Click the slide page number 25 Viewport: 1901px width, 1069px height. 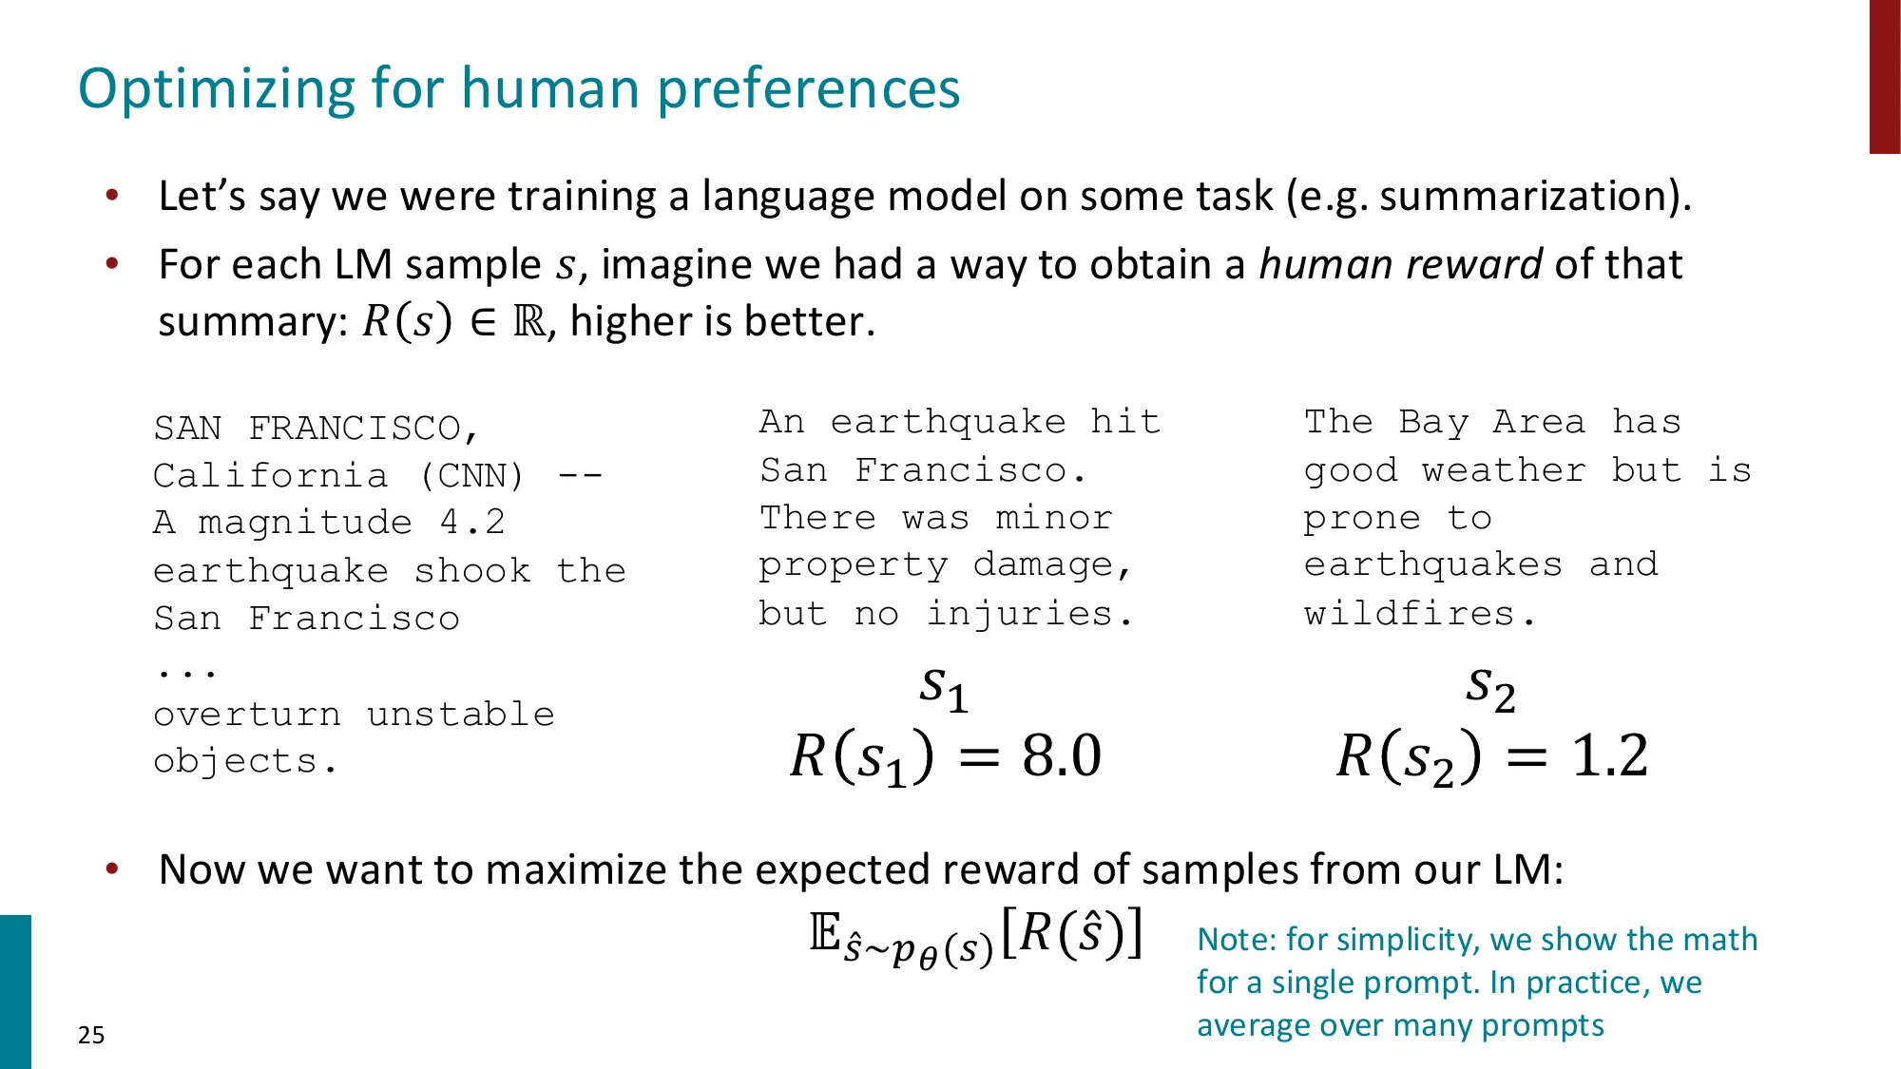point(91,1035)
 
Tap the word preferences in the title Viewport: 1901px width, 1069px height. point(809,89)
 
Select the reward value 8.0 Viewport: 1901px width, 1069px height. point(1062,756)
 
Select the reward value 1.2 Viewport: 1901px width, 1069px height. point(1609,756)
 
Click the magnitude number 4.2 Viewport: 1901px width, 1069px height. point(472,523)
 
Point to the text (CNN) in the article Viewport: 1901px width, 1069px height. point(471,475)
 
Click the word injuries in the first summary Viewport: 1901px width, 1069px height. point(1019,614)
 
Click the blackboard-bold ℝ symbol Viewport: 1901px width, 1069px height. point(529,322)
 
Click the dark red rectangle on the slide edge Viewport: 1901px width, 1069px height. point(1884,76)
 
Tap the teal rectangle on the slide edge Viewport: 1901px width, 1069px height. point(15,991)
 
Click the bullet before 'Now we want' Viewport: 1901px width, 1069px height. point(112,869)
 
